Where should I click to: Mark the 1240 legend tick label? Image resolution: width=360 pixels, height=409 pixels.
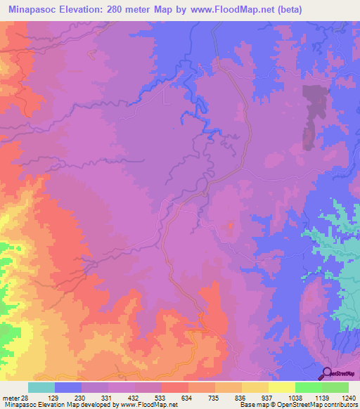pyautogui.click(x=347, y=398)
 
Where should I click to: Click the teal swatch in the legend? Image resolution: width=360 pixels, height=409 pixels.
pyautogui.click(x=41, y=387)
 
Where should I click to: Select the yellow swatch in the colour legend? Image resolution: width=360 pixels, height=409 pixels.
pyautogui.click(x=282, y=387)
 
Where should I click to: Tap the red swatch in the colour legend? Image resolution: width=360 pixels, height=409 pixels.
pyautogui.click(x=175, y=387)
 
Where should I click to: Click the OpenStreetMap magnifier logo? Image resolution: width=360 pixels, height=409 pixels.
pyautogui.click(x=326, y=375)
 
